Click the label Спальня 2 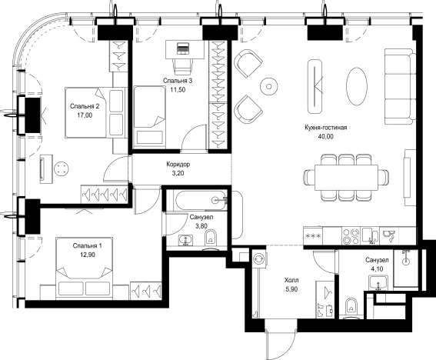(85, 106)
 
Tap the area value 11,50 (178, 89)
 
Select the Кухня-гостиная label (325, 128)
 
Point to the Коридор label (178, 165)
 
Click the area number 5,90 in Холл (291, 289)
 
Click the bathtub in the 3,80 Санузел (200, 200)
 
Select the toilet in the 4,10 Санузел (351, 308)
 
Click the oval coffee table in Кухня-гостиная (357, 86)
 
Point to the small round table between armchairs (268, 86)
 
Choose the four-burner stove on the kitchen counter (351, 236)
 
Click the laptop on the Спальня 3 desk (183, 48)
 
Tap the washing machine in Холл (260, 259)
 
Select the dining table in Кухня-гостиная (347, 178)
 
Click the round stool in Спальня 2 (62, 168)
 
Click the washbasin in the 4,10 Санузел (378, 282)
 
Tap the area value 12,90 (88, 255)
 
